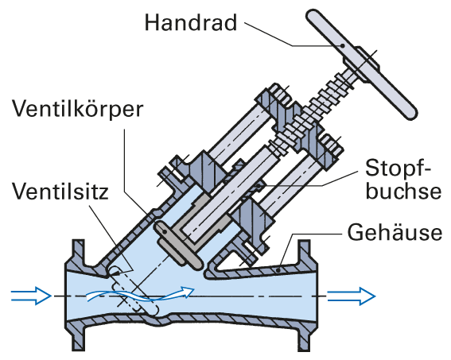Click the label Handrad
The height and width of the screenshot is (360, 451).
[x=191, y=22]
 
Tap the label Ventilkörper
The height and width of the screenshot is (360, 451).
[x=77, y=110]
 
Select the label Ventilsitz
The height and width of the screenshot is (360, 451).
[x=60, y=191]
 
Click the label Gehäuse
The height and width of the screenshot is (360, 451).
[x=395, y=231]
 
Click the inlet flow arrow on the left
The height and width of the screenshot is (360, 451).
[x=31, y=296]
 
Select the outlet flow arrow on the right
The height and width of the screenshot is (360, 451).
[x=352, y=296]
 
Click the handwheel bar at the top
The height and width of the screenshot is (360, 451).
[x=361, y=64]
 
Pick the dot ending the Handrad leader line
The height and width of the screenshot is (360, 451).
[x=342, y=45]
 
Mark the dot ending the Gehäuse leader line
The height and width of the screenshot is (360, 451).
[x=278, y=270]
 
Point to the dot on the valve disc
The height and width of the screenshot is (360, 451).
[x=165, y=230]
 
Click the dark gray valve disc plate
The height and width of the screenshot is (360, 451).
[x=179, y=245]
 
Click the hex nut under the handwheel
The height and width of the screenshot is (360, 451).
[x=362, y=64]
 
